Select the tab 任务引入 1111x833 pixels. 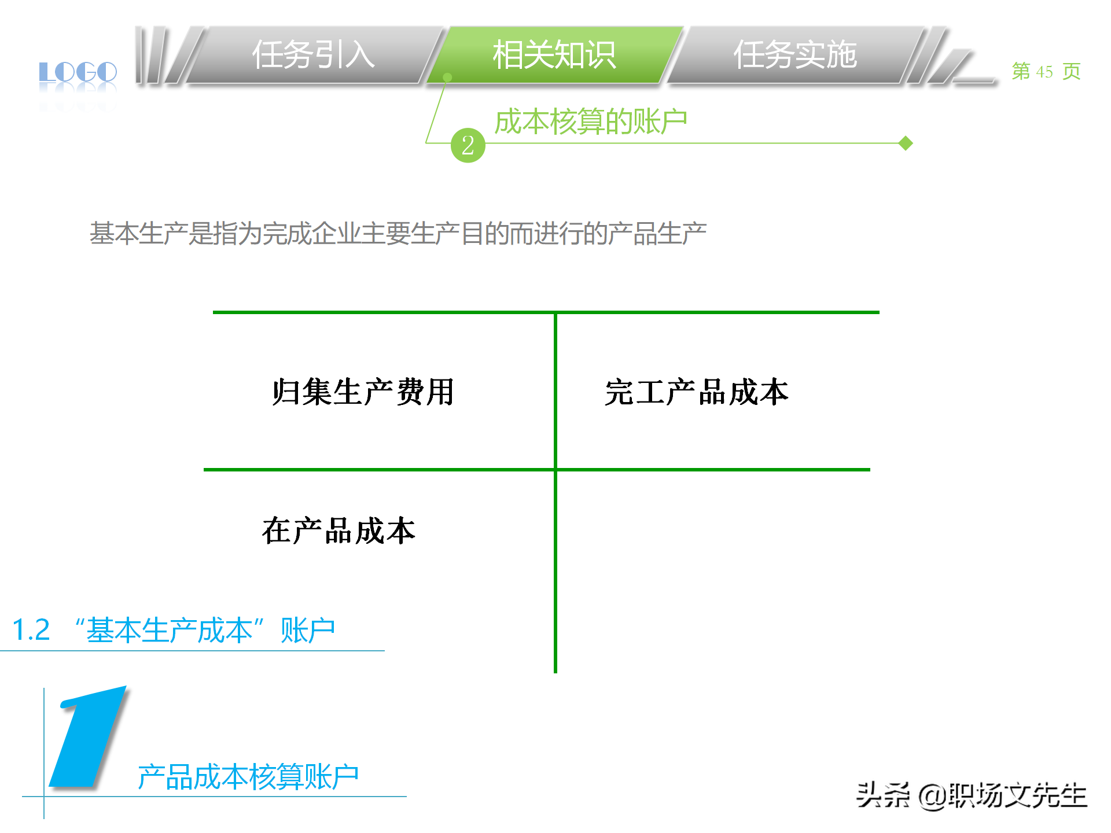pyautogui.click(x=313, y=56)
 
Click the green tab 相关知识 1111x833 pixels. pyautogui.click(x=554, y=56)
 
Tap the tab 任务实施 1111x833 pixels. pyautogui.click(x=794, y=56)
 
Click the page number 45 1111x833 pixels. pyautogui.click(x=1044, y=72)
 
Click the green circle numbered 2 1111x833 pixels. pyautogui.click(x=468, y=145)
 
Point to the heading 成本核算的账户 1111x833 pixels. pyautogui.click(x=590, y=122)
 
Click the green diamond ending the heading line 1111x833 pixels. pyautogui.click(x=906, y=143)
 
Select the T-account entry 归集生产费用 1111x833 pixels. pyautogui.click(x=363, y=392)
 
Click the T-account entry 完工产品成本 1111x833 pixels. pyautogui.click(x=696, y=392)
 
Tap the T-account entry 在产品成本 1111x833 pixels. pyautogui.click(x=339, y=530)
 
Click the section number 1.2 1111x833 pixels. pyautogui.click(x=31, y=630)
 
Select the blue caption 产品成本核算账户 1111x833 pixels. pyautogui.click(x=248, y=777)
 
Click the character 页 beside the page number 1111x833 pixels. pyautogui.click(x=1071, y=72)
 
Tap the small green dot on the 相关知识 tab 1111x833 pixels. pyautogui.click(x=447, y=77)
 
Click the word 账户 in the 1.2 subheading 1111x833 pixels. pyautogui.click(x=307, y=630)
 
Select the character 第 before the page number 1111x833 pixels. pyautogui.click(x=1021, y=72)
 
